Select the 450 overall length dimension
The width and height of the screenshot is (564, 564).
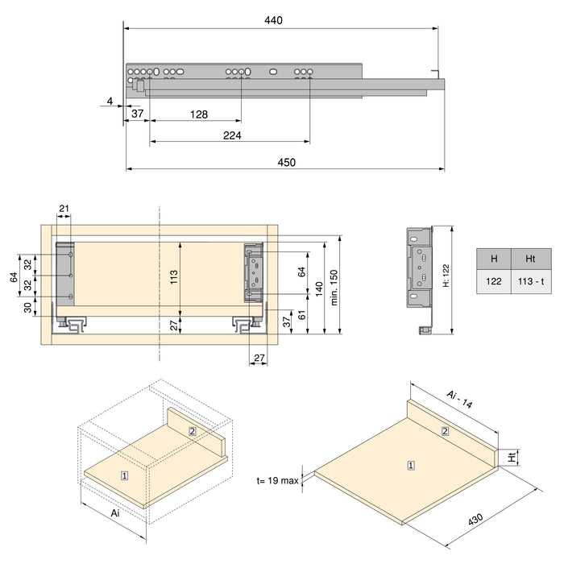point(286,162)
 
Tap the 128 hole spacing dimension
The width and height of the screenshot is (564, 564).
point(199,114)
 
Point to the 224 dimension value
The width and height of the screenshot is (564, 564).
point(232,135)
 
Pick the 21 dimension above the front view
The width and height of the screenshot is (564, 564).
point(64,209)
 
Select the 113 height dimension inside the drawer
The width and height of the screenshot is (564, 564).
point(174,278)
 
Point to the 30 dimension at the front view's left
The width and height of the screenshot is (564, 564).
point(27,307)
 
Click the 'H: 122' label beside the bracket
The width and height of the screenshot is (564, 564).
point(446,276)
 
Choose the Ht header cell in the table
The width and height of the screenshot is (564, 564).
point(531,259)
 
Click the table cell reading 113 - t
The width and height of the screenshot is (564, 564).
point(531,282)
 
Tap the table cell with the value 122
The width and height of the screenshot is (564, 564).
point(493,282)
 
